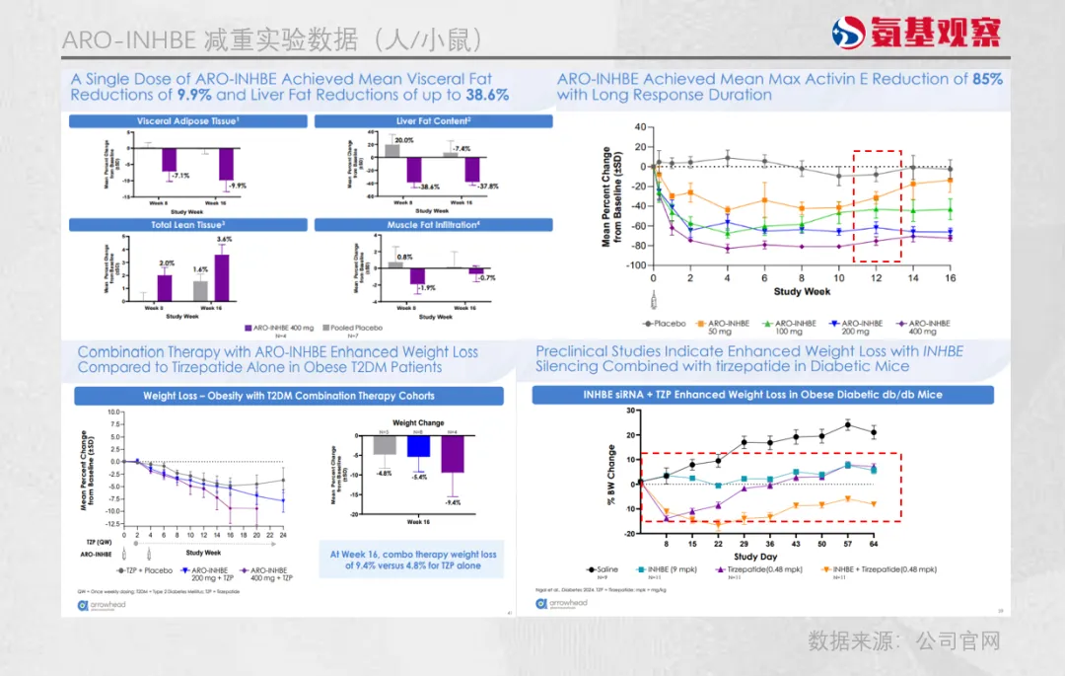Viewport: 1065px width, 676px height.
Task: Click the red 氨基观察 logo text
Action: pos(935,34)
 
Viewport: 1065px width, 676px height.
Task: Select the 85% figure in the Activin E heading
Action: pos(988,79)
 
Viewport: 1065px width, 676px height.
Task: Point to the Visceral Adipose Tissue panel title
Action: pos(188,121)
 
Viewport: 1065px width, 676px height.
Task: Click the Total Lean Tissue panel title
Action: pos(188,225)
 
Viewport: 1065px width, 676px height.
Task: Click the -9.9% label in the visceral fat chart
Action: pos(236,186)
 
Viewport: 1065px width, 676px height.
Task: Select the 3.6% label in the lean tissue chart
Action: pos(225,240)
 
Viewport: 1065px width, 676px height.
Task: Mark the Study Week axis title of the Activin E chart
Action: pos(802,292)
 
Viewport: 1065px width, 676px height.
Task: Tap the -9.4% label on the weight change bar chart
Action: pos(453,503)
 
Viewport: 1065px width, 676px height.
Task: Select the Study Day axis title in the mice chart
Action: pos(755,557)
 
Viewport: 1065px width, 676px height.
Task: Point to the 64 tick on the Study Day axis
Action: pos(872,543)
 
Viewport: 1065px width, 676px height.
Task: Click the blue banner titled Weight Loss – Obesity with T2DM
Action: pos(289,396)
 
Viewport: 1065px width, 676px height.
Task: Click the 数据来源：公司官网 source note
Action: pos(904,641)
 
